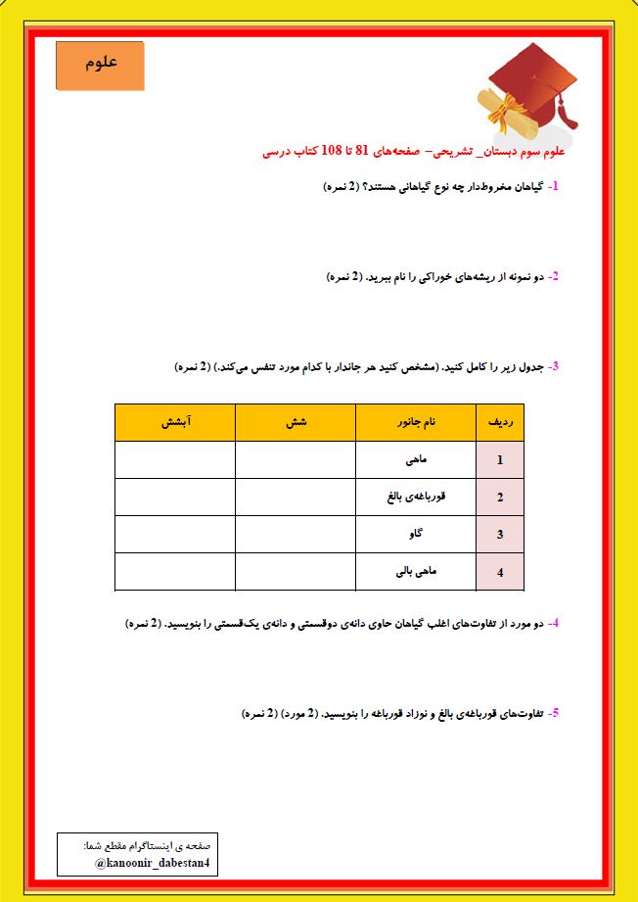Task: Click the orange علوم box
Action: pos(100,66)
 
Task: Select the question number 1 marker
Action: pos(554,185)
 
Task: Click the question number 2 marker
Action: pos(554,276)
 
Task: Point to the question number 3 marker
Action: pos(554,366)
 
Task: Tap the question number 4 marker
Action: pos(554,622)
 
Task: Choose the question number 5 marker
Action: pos(554,712)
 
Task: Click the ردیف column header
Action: pos(499,422)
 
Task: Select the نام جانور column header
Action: pos(415,422)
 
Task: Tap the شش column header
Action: pos(296,422)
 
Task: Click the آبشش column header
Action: pos(175,422)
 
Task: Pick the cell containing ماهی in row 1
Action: pos(415,459)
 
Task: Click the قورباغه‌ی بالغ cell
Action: pos(415,497)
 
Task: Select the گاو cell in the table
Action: pos(415,534)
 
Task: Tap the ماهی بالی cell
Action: pos(415,571)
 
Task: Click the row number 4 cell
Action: pos(499,572)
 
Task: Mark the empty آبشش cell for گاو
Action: pos(175,534)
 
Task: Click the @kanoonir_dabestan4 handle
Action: pos(153,864)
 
